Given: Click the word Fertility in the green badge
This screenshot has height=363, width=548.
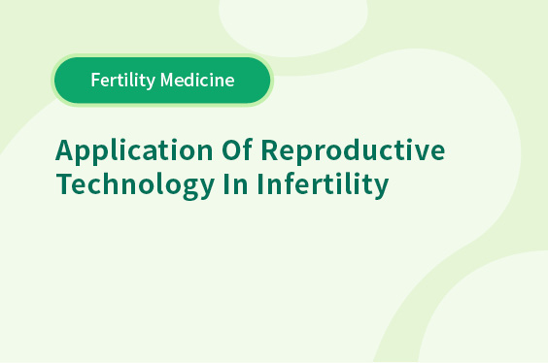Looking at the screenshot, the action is point(122,81).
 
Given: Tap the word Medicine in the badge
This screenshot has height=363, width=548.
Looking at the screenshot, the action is point(197,80).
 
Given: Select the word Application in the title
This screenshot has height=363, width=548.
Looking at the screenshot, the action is point(134,151).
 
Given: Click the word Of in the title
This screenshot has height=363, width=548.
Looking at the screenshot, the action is point(237,149).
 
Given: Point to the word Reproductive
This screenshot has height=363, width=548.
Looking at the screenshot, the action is point(353,151).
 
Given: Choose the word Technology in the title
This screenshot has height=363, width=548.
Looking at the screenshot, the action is point(135,184).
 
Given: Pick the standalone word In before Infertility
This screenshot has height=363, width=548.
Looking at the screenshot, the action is point(235,183).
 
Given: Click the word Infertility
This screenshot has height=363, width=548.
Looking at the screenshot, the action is point(323,184).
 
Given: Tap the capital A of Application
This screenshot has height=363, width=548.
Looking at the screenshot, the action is point(65,150).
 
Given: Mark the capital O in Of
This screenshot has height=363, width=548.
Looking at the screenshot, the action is point(231,149).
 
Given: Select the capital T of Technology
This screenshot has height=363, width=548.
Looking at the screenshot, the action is point(64,183).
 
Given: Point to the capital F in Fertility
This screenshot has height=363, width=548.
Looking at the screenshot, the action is point(96,80).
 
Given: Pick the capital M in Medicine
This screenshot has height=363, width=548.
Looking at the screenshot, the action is point(167,80).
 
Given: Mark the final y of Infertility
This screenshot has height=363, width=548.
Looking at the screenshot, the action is point(381,189).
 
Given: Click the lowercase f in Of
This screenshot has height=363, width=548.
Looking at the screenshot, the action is point(248,149).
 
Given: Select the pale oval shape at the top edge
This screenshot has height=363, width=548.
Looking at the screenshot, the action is point(292,26).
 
